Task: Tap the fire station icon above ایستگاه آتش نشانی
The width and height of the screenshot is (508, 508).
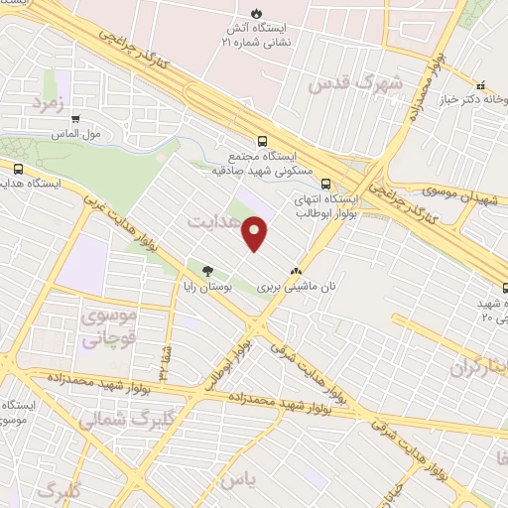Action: click(257, 14)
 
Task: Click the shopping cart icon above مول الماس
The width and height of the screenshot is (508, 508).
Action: click(75, 118)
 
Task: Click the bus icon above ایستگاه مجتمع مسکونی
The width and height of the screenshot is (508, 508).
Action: click(263, 142)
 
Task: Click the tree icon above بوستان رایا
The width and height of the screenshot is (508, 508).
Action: click(207, 270)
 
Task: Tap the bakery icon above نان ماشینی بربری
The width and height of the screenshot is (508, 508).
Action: click(296, 270)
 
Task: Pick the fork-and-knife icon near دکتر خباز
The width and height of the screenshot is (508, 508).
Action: click(481, 85)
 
